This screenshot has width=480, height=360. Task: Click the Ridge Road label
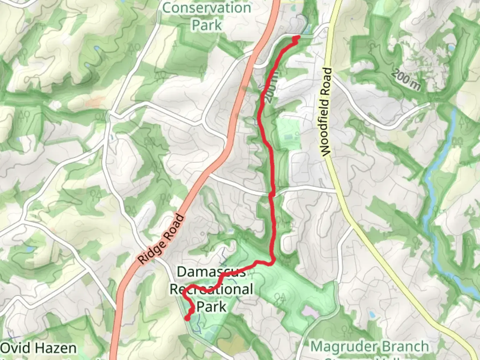point(161,240)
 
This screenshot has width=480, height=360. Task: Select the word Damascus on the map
point(211,272)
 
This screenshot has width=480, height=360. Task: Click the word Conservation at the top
point(207,8)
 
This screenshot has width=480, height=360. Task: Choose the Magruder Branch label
point(369,347)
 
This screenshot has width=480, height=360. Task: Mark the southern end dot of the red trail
point(187,318)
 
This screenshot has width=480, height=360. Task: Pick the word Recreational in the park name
point(211,289)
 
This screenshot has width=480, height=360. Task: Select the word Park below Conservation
point(207,25)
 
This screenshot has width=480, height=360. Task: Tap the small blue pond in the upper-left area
point(97,49)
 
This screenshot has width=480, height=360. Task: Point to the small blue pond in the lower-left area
point(29,249)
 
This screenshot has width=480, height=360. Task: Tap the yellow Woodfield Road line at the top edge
point(337,3)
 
